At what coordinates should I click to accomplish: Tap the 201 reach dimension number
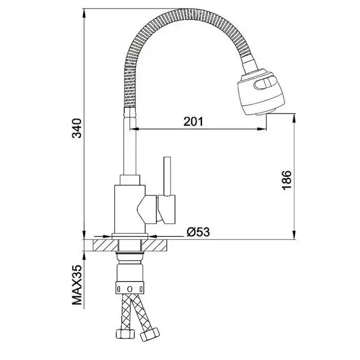pos(193,121)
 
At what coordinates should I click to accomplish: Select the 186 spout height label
pos(286,180)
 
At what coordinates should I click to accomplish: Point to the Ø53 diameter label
pos(198,232)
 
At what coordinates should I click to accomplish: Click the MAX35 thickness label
pos(77,285)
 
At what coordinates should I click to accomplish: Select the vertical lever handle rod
pos(167,176)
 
